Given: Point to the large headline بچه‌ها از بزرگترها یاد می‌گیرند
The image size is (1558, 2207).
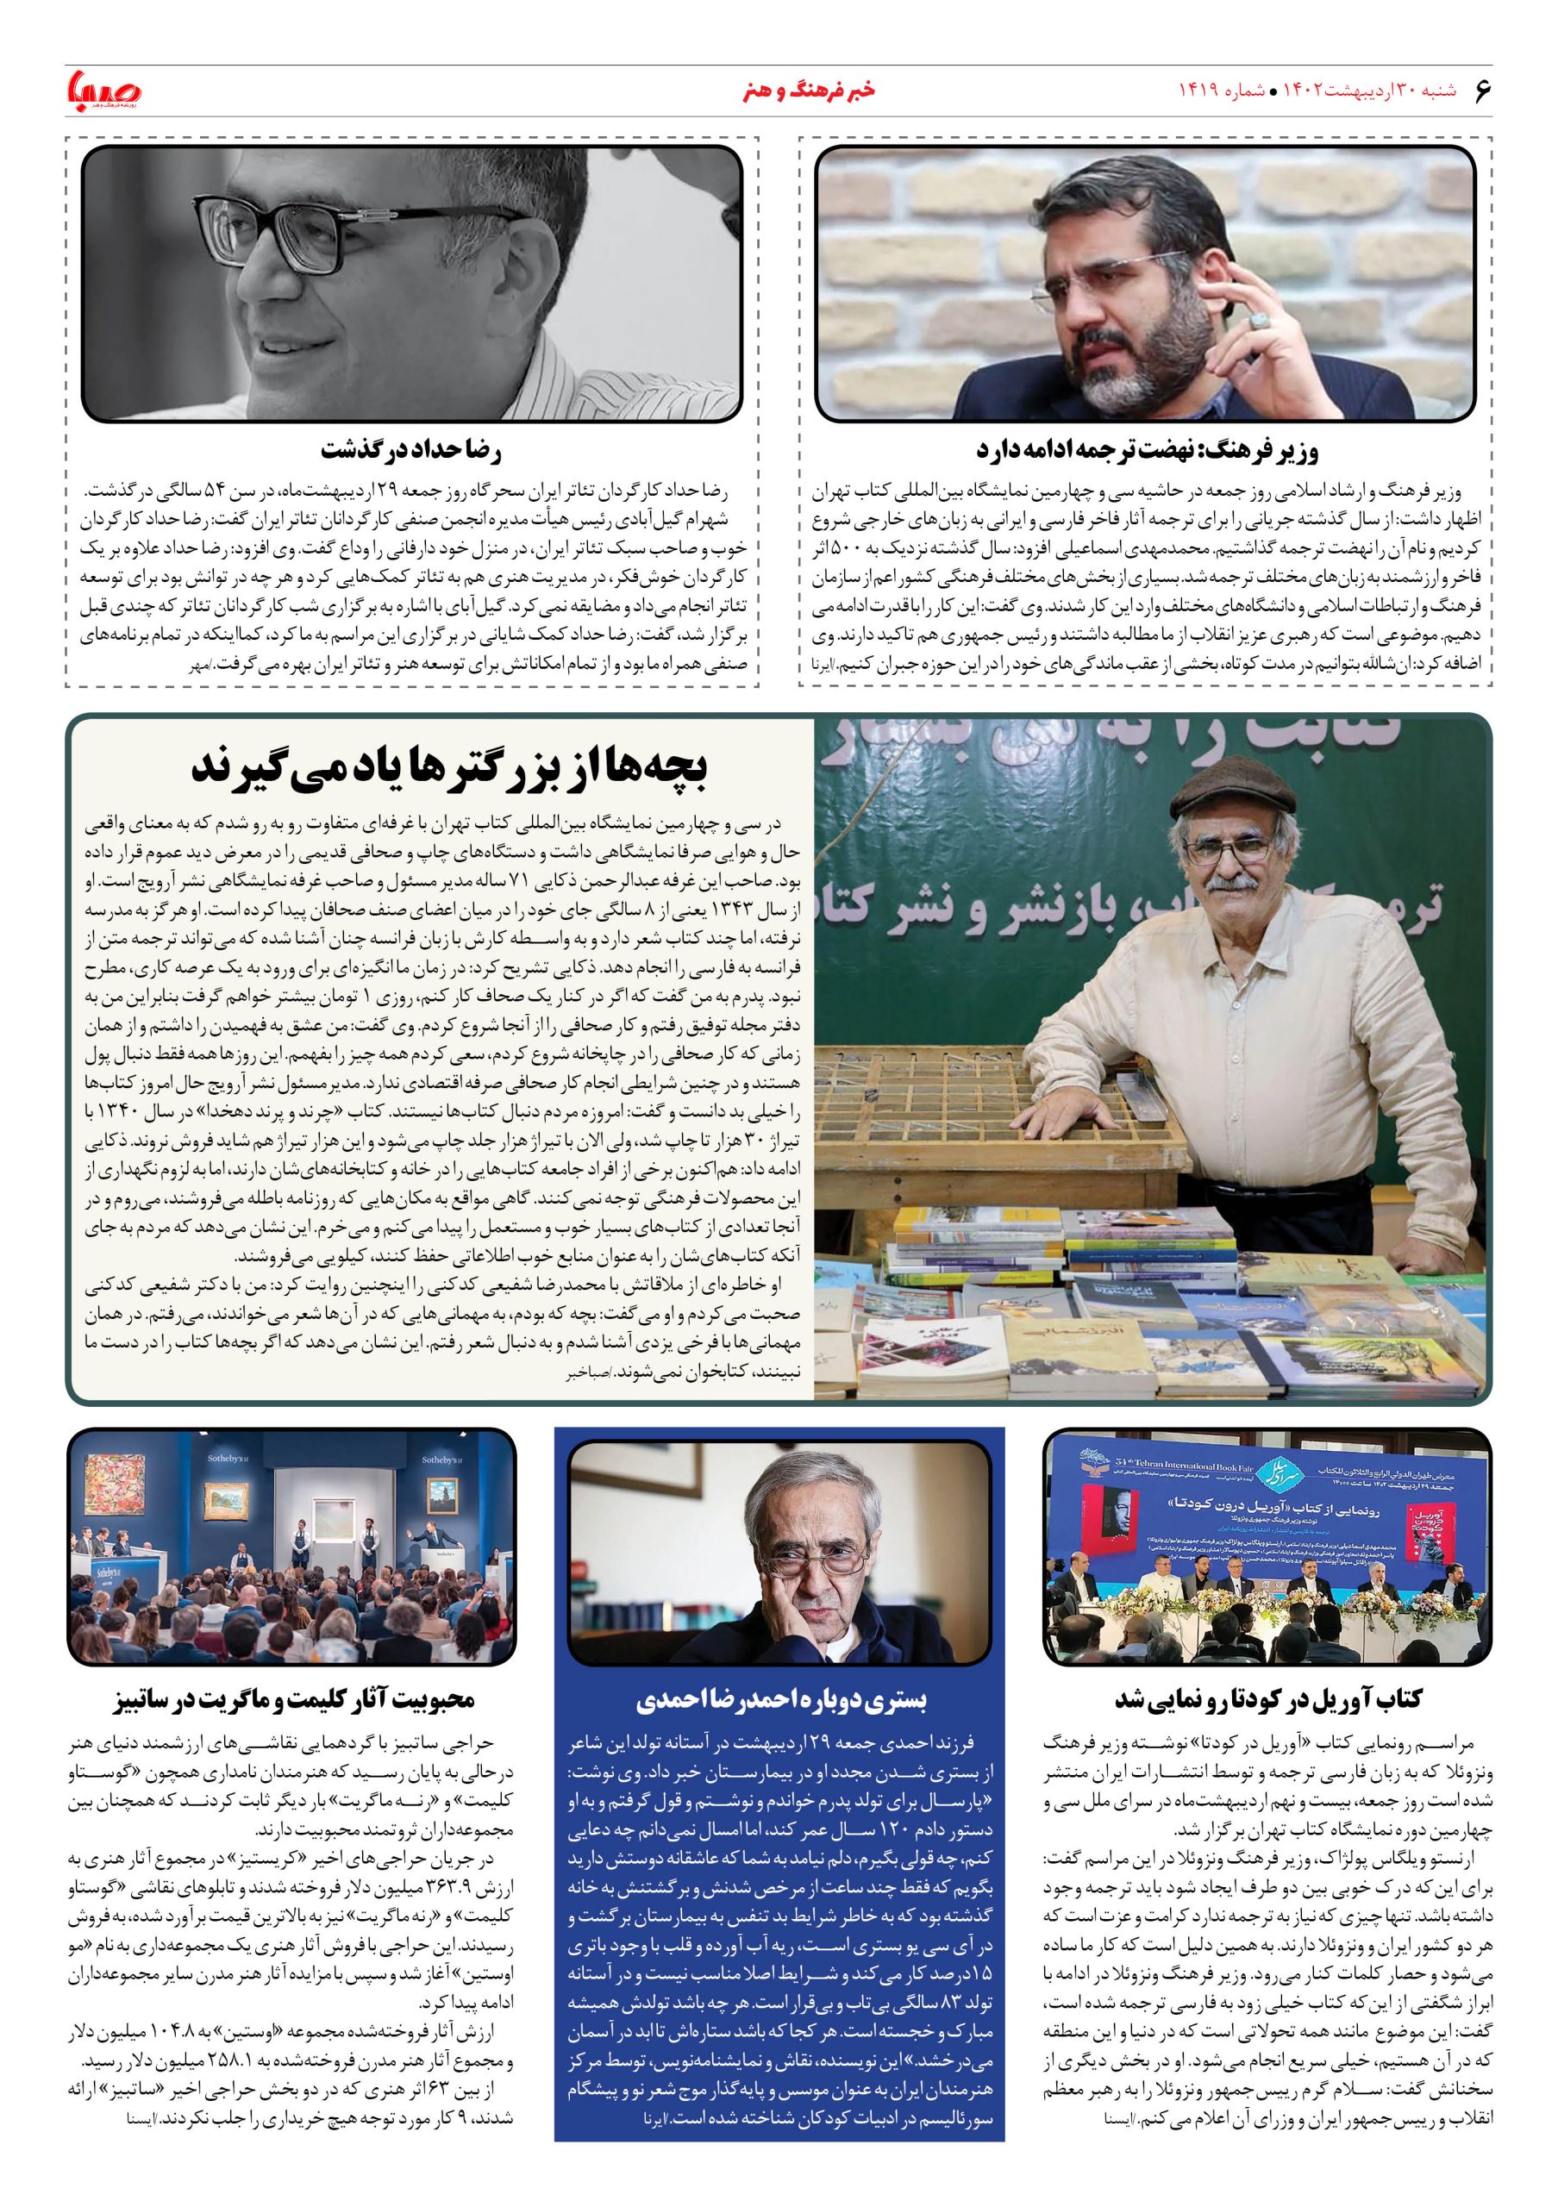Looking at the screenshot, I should point(449,768).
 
